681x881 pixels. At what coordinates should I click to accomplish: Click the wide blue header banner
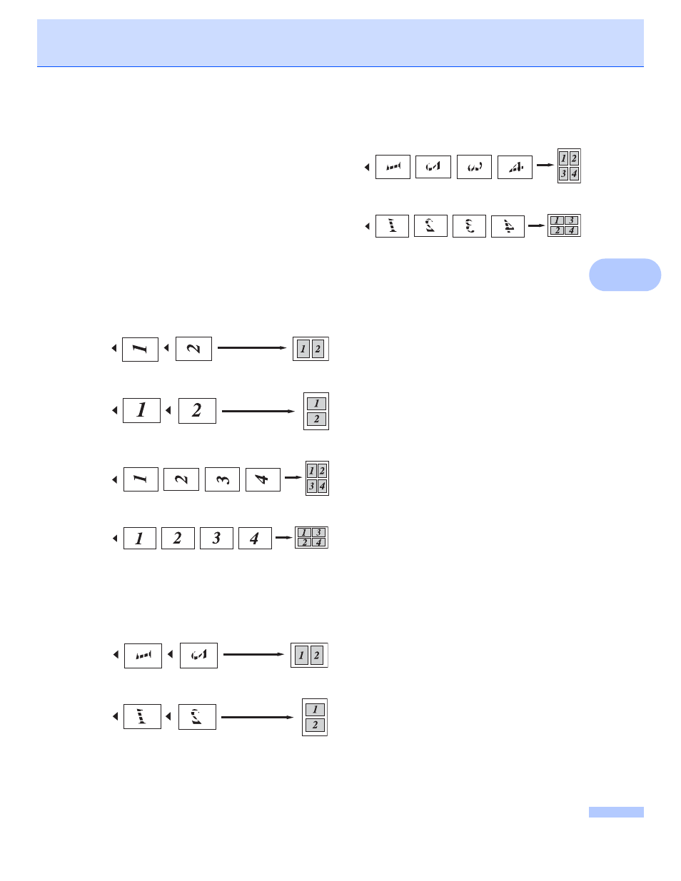(x=340, y=43)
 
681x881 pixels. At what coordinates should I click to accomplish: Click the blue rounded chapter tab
(x=625, y=275)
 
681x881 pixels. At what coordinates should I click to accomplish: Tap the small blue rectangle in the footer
(x=615, y=812)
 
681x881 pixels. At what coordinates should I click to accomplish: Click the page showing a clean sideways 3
(x=222, y=479)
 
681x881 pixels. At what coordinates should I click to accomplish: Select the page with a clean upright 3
(x=216, y=538)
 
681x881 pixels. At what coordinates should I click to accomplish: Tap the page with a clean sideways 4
(x=263, y=479)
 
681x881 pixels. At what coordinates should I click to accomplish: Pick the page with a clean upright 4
(x=255, y=538)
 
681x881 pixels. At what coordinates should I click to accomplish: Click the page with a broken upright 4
(x=508, y=226)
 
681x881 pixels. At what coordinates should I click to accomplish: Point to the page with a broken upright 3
(x=469, y=226)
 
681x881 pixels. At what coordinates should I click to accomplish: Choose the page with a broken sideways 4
(x=515, y=167)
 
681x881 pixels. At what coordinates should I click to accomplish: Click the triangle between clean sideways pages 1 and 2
(x=166, y=348)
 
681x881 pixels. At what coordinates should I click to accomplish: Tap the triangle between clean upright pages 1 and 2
(x=168, y=410)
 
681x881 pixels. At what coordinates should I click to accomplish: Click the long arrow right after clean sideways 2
(x=251, y=348)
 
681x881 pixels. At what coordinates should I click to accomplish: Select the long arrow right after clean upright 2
(x=258, y=411)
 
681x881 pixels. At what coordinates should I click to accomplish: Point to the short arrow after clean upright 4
(x=283, y=538)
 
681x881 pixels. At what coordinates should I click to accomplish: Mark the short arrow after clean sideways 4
(x=293, y=477)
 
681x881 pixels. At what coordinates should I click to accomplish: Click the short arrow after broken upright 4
(x=536, y=226)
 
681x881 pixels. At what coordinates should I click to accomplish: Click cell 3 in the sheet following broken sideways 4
(x=563, y=173)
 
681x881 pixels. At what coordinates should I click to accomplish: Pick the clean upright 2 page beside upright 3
(x=178, y=538)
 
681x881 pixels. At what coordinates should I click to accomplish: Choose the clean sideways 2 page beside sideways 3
(x=181, y=479)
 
